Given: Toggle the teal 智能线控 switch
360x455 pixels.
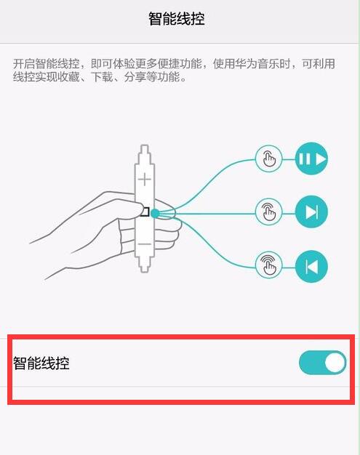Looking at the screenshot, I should coord(322,362).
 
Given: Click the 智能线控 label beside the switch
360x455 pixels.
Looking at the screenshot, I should coord(41,363).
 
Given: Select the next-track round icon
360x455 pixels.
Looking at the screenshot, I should coord(312,212).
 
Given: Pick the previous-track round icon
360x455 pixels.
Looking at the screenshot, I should coord(312,267).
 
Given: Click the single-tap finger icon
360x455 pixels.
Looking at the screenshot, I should coord(268,158).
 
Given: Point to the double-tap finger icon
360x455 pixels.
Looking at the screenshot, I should coord(268,212).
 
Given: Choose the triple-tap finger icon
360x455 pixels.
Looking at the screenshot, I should coord(268,267).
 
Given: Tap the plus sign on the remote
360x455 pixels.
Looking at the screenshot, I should coord(146,178).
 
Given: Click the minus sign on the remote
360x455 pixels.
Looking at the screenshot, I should coord(145,244).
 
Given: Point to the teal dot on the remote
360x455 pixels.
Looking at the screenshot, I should coord(155,212).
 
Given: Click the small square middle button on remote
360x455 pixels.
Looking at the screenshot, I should coord(144,212).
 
